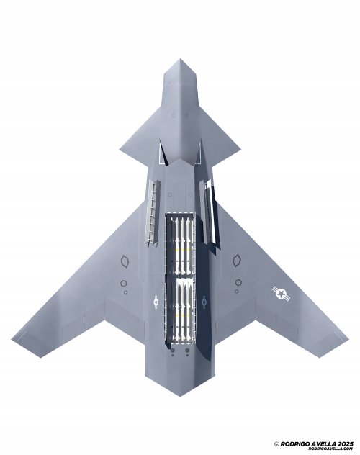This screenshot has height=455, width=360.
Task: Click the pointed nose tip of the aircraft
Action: pyautogui.click(x=180, y=59)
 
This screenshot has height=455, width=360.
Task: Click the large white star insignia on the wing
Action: pyautogui.click(x=281, y=294)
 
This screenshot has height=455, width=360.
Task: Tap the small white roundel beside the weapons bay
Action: pyautogui.click(x=156, y=302)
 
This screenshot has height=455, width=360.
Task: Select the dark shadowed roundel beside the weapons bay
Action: pyautogui.click(x=204, y=302)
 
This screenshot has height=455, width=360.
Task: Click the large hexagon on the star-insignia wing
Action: pyautogui.click(x=237, y=261)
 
